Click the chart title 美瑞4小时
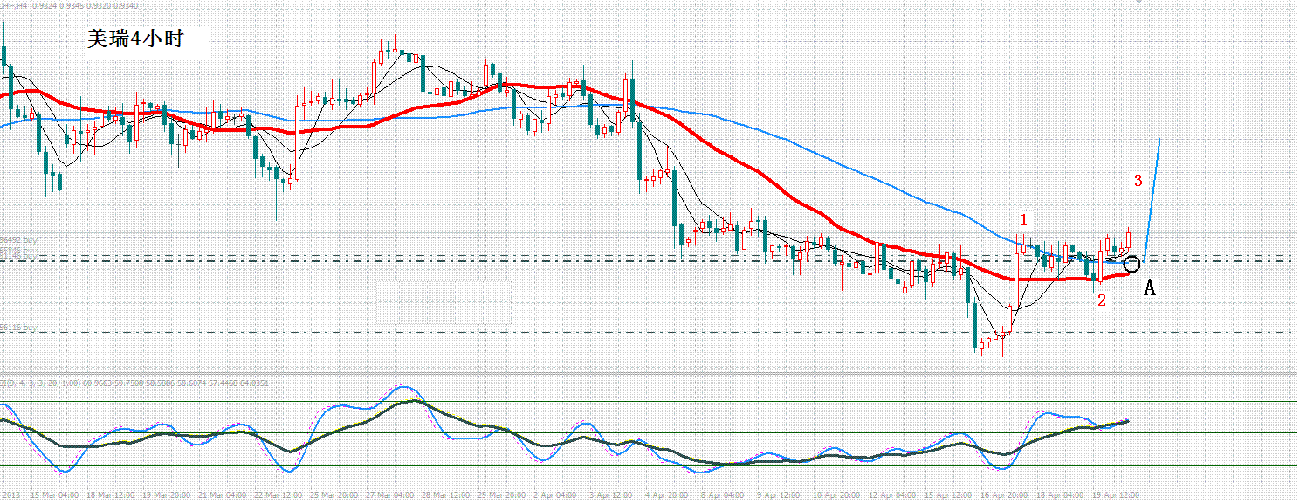pyautogui.click(x=134, y=39)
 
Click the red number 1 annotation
pyautogui.click(x=1024, y=219)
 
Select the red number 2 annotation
pyautogui.click(x=1101, y=300)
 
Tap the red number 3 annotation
pyautogui.click(x=1138, y=181)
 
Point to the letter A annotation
pyautogui.click(x=1150, y=287)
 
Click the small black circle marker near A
pyautogui.click(x=1132, y=264)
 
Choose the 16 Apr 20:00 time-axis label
pyautogui.click(x=1004, y=494)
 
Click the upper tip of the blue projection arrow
pyautogui.click(x=1159, y=139)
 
